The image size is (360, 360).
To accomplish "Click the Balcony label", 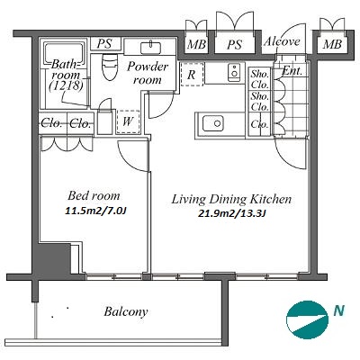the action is (x=126, y=311).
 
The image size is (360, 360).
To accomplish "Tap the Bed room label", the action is (x=94, y=195).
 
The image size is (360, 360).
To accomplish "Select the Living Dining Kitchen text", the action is (x=231, y=199).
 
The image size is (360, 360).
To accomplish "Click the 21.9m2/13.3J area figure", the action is (x=232, y=214).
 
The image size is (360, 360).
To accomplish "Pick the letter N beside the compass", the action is (x=339, y=310).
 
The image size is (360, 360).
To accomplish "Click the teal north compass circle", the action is (x=307, y=319).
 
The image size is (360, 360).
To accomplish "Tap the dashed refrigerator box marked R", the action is (x=193, y=74).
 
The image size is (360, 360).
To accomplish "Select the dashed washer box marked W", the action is (x=128, y=121).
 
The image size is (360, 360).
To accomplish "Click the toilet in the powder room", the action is (x=109, y=67).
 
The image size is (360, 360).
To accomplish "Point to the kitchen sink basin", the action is (x=213, y=123).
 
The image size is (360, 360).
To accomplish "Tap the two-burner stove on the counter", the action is (x=234, y=72).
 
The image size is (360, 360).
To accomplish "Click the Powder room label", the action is (x=148, y=73).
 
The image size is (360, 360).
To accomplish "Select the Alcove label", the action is (x=282, y=41).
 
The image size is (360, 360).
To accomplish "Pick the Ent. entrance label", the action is (x=292, y=71).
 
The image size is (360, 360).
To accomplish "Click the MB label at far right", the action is (x=332, y=45).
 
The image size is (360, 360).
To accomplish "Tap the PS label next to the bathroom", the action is (x=104, y=44).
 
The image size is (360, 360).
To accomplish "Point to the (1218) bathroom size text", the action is (x=66, y=85).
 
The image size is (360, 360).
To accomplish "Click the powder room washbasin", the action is (x=150, y=47).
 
